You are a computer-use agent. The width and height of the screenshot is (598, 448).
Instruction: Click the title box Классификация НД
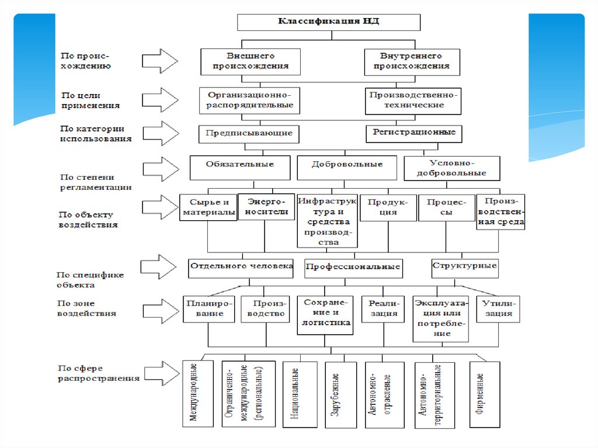[328, 22]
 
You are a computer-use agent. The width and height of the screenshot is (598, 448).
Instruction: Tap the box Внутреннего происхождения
[411, 61]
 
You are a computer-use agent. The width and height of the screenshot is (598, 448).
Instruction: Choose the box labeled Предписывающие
[249, 133]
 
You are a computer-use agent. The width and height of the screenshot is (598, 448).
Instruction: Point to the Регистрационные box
[414, 133]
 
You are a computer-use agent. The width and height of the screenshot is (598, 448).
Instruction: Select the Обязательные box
[240, 168]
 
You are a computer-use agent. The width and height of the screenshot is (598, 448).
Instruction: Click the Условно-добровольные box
[452, 168]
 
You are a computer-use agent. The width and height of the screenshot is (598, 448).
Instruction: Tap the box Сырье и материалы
[208, 207]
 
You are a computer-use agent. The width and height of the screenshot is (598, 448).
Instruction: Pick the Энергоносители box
[266, 207]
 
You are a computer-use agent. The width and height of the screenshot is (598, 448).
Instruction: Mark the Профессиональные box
[353, 267]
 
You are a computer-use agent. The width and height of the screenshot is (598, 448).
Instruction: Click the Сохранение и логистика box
[325, 315]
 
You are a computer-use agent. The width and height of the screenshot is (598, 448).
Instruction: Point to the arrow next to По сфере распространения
[159, 373]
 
